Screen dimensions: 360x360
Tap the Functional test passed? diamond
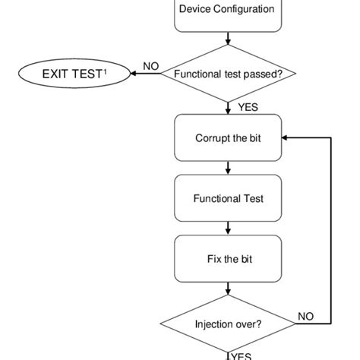228,74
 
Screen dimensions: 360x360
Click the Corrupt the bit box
228,138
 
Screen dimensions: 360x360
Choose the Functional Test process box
228,198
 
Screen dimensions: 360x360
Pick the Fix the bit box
228,259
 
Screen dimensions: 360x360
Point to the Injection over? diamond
228,322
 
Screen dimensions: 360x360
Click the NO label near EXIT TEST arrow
150,66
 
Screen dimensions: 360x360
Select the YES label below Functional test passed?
248,108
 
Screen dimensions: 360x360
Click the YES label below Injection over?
241,355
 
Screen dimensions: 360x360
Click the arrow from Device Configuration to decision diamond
228,39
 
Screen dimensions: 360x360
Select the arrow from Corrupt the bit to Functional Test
228,168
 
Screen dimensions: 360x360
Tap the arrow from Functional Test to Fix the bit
228,229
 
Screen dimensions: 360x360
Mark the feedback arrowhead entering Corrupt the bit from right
285,138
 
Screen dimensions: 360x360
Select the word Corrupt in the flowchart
211,138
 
